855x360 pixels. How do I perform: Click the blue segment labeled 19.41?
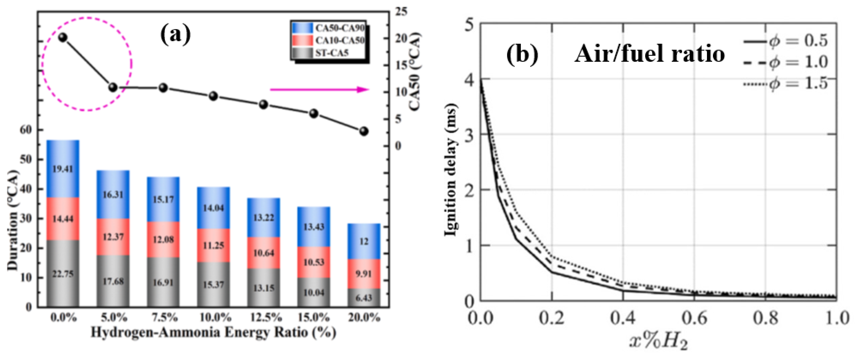coord(63,169)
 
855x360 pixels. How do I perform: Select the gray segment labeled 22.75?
coord(63,274)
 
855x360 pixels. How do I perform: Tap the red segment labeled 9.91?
coord(364,274)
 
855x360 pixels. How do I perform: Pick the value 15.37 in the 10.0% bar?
coord(213,284)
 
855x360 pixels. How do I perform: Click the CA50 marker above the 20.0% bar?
coord(364,131)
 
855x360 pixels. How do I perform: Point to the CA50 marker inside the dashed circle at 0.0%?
coord(63,37)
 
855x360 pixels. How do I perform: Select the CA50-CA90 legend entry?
coord(329,28)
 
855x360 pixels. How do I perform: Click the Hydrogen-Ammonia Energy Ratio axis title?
coord(213,332)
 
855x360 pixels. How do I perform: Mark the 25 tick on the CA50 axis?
coord(401,12)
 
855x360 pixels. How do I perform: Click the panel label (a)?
coord(176,34)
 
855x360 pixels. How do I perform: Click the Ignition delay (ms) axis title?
coord(450,170)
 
